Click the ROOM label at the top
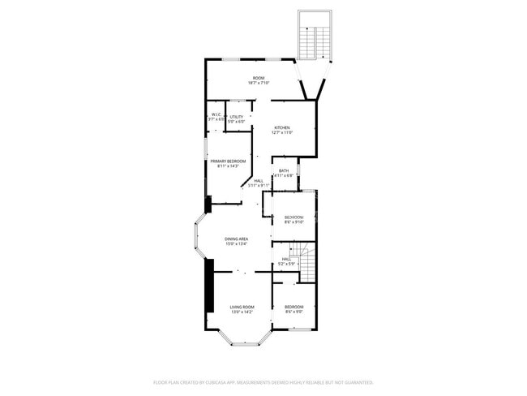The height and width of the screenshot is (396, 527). [258, 78]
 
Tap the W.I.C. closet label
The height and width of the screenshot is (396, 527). [216, 115]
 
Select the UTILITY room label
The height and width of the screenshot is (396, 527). [237, 117]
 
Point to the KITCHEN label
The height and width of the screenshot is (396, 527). [281, 128]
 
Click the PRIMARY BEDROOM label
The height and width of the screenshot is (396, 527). [228, 161]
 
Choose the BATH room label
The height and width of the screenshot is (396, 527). [284, 170]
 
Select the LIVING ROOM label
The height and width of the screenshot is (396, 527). [242, 307]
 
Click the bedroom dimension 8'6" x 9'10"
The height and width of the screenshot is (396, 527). [293, 222]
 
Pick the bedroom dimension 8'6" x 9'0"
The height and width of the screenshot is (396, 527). [293, 311]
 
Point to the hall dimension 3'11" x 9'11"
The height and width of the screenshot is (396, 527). [258, 186]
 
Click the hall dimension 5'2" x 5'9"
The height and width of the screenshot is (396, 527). [286, 264]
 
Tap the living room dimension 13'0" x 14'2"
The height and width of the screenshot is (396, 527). [242, 312]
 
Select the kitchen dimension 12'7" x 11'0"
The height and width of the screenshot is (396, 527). [281, 133]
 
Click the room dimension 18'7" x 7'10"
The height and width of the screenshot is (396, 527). [258, 83]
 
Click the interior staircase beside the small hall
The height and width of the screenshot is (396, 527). [306, 261]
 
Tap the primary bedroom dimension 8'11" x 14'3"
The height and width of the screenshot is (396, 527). [228, 166]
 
